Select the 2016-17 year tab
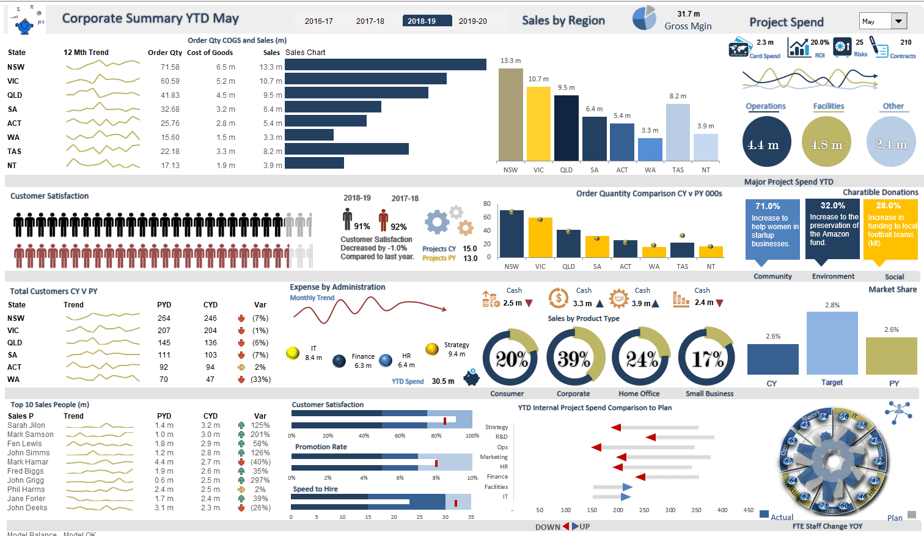pyautogui.click(x=318, y=21)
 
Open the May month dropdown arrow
pyautogui.click(x=898, y=21)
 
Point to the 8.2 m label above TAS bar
pyautogui.click(x=678, y=96)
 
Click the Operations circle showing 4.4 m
pyautogui.click(x=766, y=142)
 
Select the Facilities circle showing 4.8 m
pyautogui.click(x=826, y=142)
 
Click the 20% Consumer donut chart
pyautogui.click(x=510, y=358)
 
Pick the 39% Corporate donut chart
pyautogui.click(x=575, y=358)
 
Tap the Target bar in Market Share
pyautogui.click(x=832, y=343)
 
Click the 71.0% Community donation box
pyautogui.click(x=772, y=228)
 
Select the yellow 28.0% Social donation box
pyautogui.click(x=890, y=228)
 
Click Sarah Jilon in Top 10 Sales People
pyautogui.click(x=26, y=425)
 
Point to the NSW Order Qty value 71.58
pyautogui.click(x=170, y=67)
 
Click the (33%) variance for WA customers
pyautogui.click(x=260, y=380)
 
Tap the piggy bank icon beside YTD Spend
pyautogui.click(x=471, y=378)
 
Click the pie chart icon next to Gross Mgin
pyautogui.click(x=643, y=18)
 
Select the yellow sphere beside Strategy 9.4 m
pyautogui.click(x=432, y=349)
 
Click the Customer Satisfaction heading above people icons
pyautogui.click(x=50, y=196)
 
